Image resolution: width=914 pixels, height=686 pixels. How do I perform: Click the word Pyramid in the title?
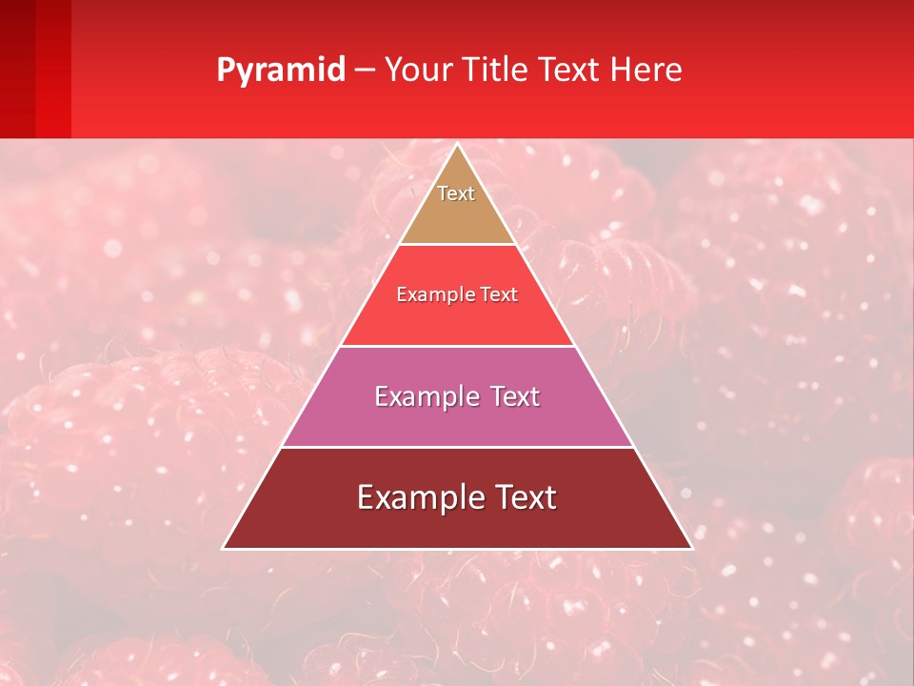pos(280,71)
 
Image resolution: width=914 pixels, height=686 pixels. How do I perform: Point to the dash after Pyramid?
pos(364,71)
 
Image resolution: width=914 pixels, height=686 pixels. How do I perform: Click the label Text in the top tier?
pos(456,193)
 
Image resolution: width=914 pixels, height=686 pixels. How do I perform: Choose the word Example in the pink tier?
pos(426,396)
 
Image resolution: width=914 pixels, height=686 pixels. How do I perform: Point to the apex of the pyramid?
pos(457,146)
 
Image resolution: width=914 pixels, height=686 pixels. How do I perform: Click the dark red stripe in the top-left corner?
pos(17,67)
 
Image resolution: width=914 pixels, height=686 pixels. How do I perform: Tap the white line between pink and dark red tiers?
pos(457,447)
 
